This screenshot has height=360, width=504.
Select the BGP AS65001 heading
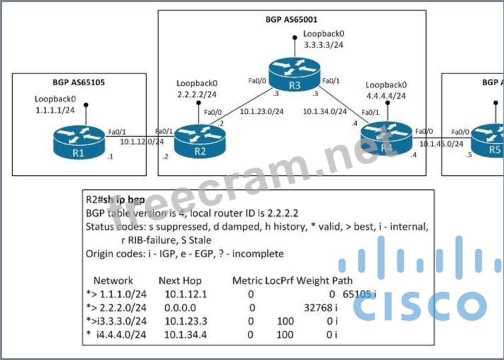coord(291,19)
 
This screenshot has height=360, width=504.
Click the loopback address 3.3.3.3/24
coord(322,44)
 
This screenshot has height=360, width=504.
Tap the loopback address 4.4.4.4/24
coord(386,96)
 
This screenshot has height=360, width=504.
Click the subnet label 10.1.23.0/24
coord(262,112)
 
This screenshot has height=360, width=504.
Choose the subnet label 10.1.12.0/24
coord(143,141)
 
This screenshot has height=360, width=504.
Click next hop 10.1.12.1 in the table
coord(183,293)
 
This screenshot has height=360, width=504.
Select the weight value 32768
coord(317,307)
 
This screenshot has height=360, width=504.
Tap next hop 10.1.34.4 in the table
coord(183,335)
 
